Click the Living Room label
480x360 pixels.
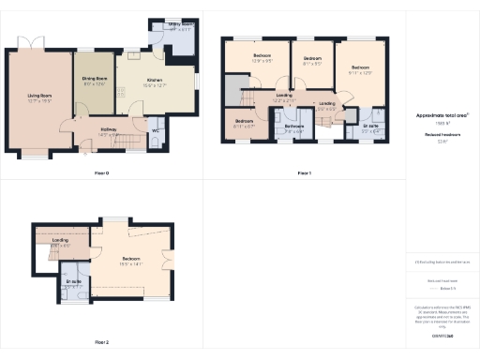click(38, 95)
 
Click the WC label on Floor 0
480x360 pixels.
click(155, 131)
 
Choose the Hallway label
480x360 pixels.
click(109, 131)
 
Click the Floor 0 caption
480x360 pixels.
click(102, 173)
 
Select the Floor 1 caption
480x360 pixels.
click(304, 173)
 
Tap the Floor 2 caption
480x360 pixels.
click(102, 342)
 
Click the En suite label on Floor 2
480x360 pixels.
click(73, 281)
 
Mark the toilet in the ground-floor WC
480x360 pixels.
click(156, 142)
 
